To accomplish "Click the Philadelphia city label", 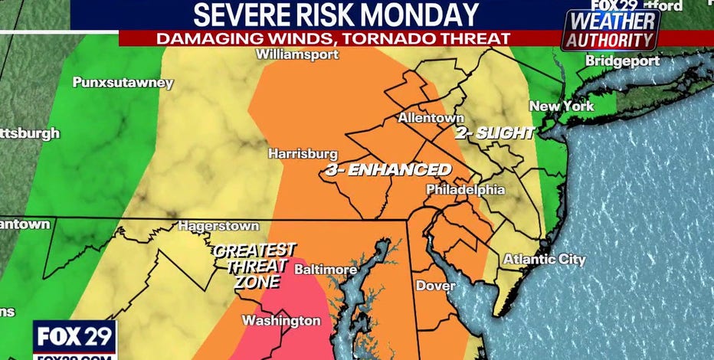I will pyautogui.click(x=465, y=189).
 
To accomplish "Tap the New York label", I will pyautogui.click(x=562, y=106).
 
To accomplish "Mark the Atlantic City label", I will pyautogui.click(x=544, y=260).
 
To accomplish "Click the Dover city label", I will pyautogui.click(x=435, y=286).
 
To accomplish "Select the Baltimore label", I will pyautogui.click(x=326, y=270).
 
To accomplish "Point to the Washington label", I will pyautogui.click(x=281, y=319).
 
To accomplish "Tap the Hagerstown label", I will pyautogui.click(x=214, y=226).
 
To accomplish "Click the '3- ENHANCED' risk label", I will pyautogui.click(x=388, y=170).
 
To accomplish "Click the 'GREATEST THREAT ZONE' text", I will pyautogui.click(x=254, y=265).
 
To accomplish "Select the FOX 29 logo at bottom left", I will pyautogui.click(x=74, y=338).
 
